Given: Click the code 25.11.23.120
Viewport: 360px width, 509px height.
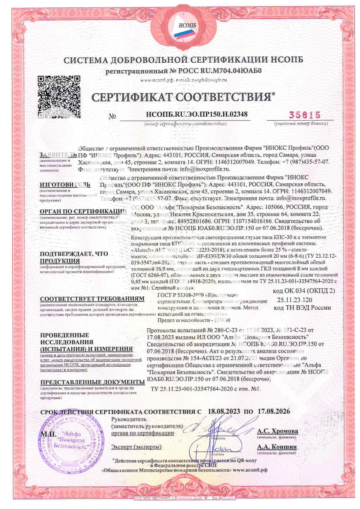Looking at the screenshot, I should point(295,300).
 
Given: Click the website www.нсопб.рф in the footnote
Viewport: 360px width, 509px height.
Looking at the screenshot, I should point(256,470).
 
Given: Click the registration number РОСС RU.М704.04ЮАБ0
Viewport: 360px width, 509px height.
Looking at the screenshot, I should point(216,71).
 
